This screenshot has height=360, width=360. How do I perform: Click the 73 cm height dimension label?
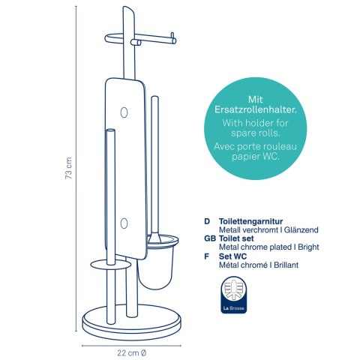[x=68, y=168]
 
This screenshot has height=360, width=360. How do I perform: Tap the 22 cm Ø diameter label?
[x=132, y=353]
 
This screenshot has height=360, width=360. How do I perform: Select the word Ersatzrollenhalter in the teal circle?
[x=256, y=110]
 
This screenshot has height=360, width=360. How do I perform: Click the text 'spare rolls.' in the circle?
[x=256, y=133]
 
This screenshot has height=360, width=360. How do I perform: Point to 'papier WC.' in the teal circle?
[x=256, y=157]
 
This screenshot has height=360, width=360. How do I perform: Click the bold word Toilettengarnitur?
[x=250, y=221]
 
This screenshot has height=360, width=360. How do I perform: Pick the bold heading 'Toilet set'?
[x=236, y=238]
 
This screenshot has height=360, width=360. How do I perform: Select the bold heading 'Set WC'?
[x=232, y=256]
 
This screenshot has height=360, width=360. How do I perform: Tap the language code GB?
[x=210, y=238]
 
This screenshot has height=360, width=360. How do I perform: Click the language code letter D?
[x=207, y=221]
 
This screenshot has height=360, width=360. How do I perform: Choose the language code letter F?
[x=206, y=256]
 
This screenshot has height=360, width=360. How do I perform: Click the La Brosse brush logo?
[x=234, y=295]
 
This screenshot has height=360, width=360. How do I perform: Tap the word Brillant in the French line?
[x=286, y=265]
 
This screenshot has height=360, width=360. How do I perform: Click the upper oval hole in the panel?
[x=124, y=112]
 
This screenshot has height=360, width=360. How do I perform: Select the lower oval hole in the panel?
[x=124, y=223]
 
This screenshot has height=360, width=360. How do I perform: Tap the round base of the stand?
[x=131, y=325]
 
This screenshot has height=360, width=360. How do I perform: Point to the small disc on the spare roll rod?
[x=111, y=265]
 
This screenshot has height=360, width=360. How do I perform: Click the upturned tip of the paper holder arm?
[x=172, y=36]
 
